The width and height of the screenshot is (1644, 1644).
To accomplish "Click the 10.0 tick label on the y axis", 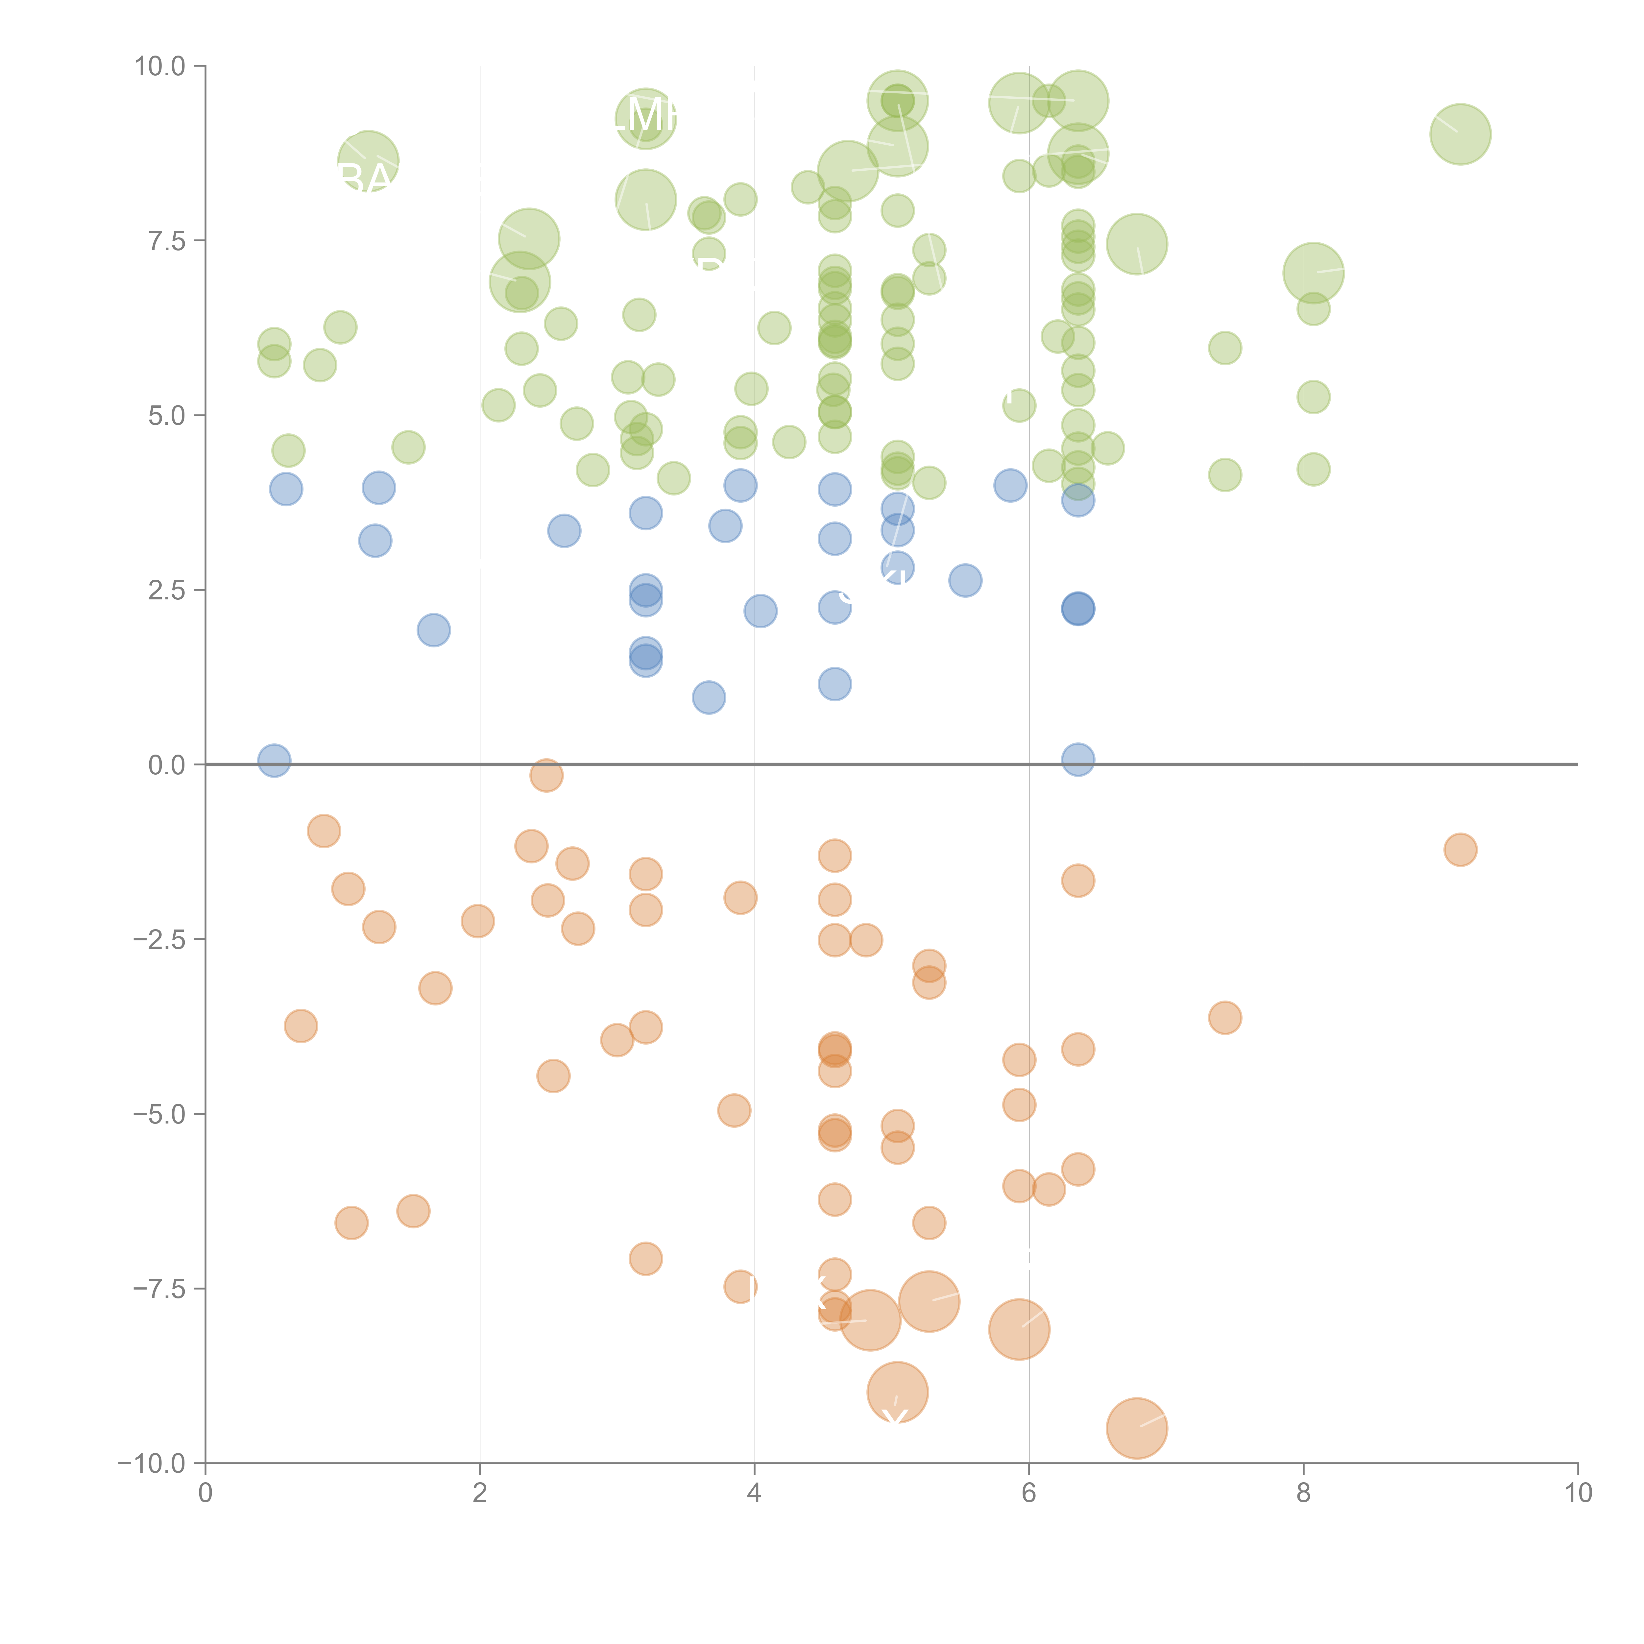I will [160, 66].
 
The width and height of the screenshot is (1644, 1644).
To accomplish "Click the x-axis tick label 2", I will [480, 1493].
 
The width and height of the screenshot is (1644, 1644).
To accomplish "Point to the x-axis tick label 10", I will [1578, 1493].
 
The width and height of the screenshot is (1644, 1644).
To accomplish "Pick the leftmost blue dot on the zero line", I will [274, 760].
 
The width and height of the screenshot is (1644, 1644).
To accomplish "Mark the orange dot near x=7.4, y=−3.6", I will [1224, 1017].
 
